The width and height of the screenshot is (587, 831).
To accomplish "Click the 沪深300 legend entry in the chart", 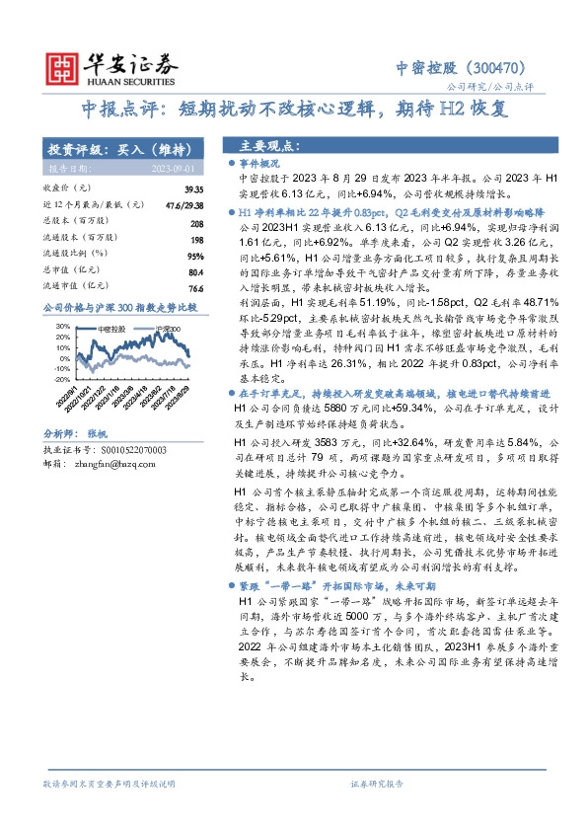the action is [x=171, y=328].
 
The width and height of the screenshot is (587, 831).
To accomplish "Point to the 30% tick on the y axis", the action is [x=62, y=325].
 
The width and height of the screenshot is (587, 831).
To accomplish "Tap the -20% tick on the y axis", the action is [x=61, y=378].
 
